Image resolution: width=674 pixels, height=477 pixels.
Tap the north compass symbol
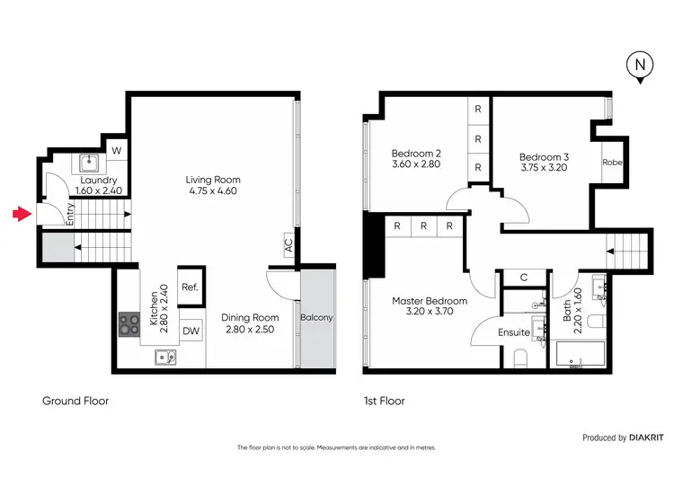coord(639,66)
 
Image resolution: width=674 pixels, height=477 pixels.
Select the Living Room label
coord(213,180)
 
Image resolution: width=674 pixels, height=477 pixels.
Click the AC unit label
coord(288,243)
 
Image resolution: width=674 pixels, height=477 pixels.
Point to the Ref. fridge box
coord(190,288)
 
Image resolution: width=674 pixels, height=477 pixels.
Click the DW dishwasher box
coord(191,331)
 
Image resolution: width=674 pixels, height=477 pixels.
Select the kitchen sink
coord(165,358)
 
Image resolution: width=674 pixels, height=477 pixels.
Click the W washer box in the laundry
coord(115,150)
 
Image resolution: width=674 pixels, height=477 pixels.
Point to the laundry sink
coord(90,163)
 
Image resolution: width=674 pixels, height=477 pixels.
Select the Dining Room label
coord(252,317)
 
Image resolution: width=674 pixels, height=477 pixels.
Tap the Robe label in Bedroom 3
coord(612,163)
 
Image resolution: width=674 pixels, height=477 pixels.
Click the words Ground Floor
coord(75,401)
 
